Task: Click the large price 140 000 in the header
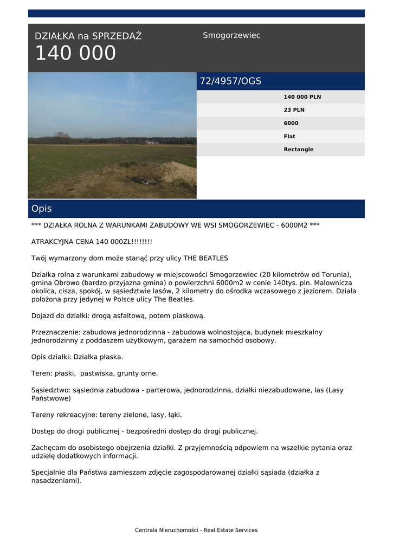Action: [x=75, y=54]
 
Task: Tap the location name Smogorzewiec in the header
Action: [x=231, y=35]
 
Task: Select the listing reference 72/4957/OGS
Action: [x=230, y=81]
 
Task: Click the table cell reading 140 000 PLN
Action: [x=302, y=97]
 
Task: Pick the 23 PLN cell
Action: [x=294, y=110]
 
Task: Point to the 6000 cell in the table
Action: [x=291, y=123]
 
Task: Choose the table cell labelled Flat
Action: [x=289, y=137]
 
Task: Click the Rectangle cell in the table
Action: [x=298, y=150]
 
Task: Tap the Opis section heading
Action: [x=42, y=209]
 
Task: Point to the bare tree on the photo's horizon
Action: [x=62, y=137]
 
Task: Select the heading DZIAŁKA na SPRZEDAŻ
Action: [x=88, y=36]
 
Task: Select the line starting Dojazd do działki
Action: [x=118, y=315]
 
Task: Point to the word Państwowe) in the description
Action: [x=51, y=398]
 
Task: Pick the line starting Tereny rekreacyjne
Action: [x=106, y=415]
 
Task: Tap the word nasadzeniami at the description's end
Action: [x=55, y=480]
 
